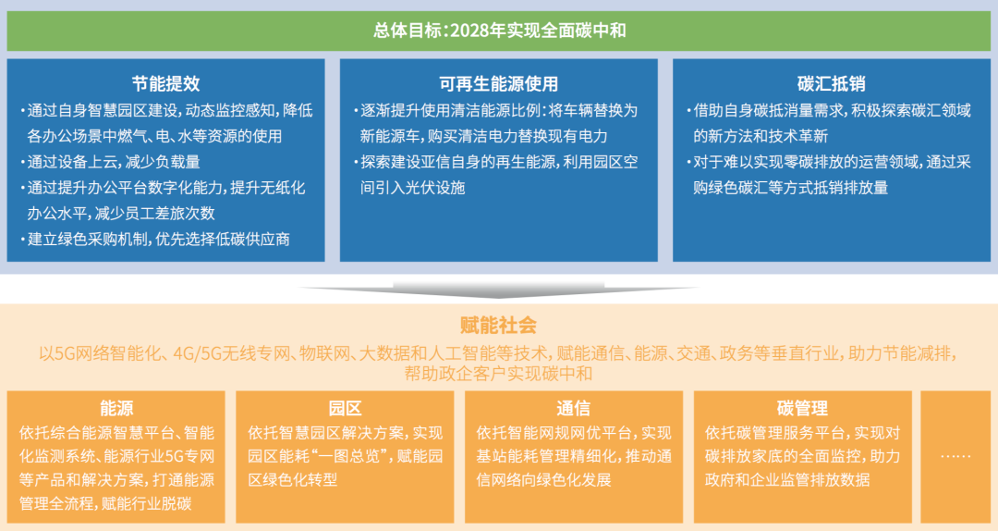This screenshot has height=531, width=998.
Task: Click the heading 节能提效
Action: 165,84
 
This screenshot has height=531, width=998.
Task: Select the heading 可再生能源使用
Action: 498,84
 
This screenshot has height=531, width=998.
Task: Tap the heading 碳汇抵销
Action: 831,84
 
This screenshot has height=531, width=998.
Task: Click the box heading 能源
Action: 116,408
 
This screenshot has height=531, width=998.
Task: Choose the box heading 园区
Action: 345,408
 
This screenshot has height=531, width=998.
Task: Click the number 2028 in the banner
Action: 471,31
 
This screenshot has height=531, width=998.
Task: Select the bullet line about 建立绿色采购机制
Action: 157,239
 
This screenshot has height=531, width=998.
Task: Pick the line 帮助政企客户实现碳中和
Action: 498,374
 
